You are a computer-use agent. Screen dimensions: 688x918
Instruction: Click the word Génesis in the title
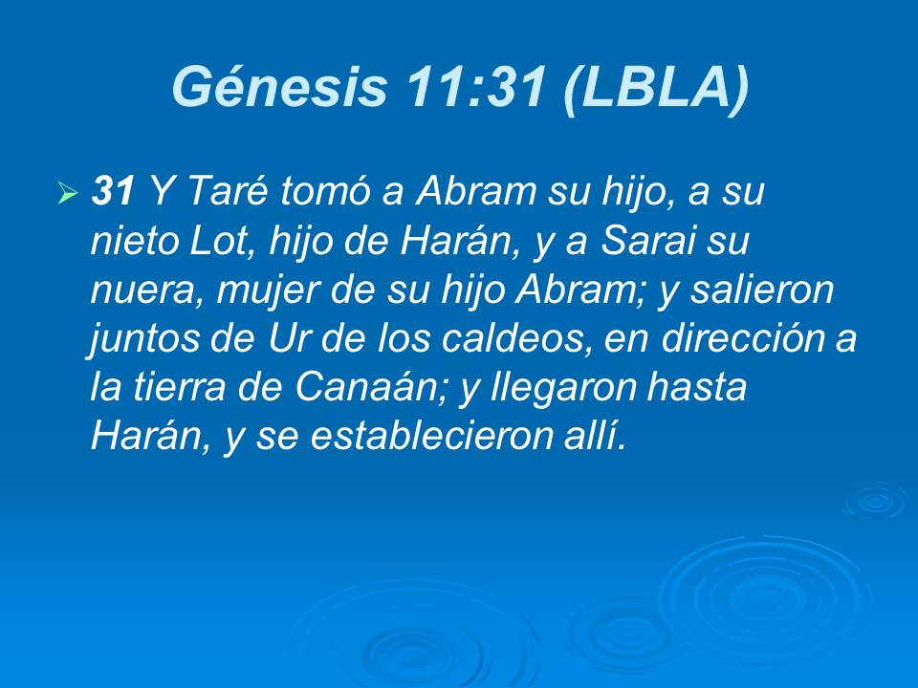(278, 88)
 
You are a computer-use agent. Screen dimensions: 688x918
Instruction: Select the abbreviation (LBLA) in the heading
(654, 88)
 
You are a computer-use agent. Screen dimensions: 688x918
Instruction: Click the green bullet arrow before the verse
(67, 195)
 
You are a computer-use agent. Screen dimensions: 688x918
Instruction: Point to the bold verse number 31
(111, 193)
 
